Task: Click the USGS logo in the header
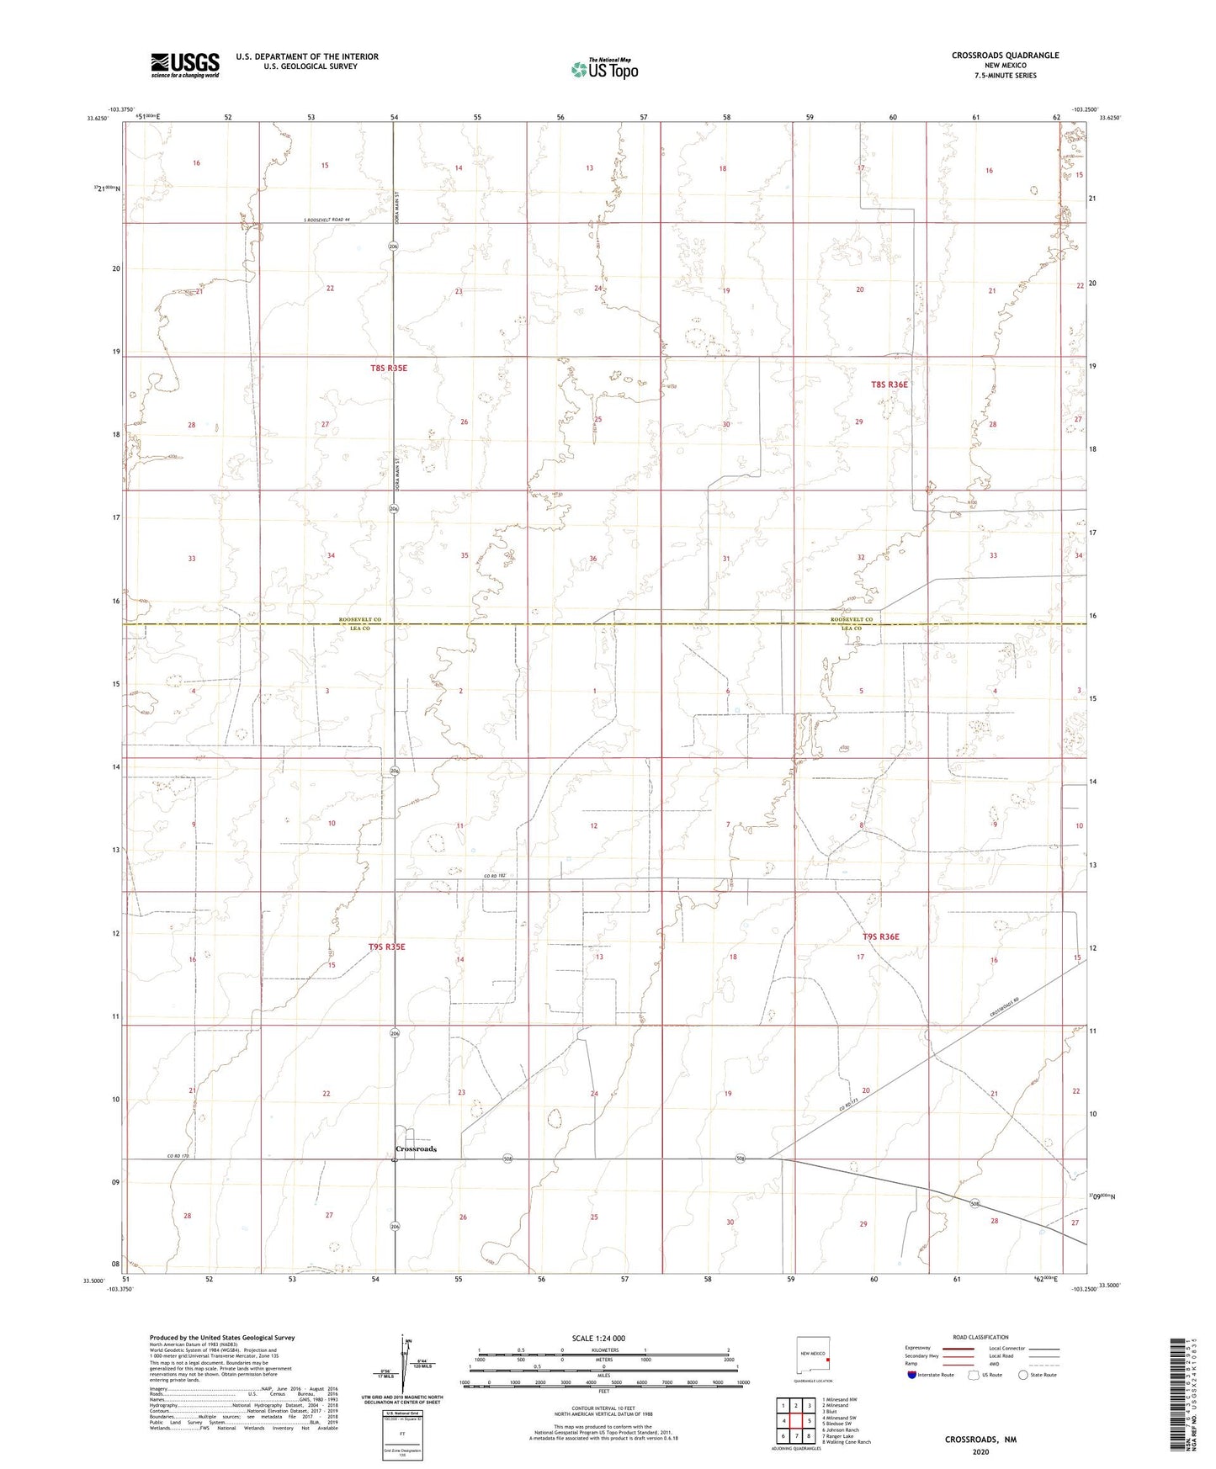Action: click(x=185, y=65)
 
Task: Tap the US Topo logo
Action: click(x=603, y=69)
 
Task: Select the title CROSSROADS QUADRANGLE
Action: click(x=1005, y=56)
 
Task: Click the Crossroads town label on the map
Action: click(x=416, y=1148)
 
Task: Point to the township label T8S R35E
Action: click(x=388, y=369)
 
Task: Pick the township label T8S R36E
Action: click(x=889, y=384)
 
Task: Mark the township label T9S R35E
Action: click(x=387, y=947)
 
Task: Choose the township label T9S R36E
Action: click(x=880, y=936)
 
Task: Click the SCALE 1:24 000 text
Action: click(x=598, y=1339)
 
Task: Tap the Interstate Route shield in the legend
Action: click(x=913, y=1375)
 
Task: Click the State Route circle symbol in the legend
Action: click(x=1023, y=1375)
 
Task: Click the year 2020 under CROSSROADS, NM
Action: click(x=980, y=1451)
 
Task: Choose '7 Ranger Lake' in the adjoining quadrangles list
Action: click(x=842, y=1436)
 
